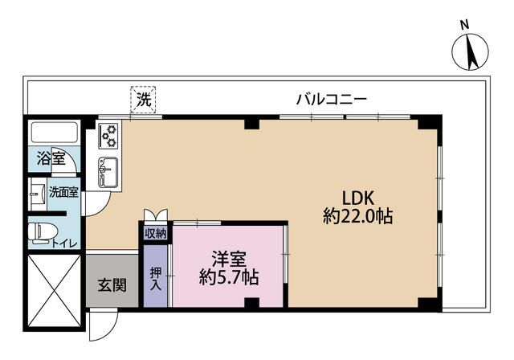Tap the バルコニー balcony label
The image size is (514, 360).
click(x=332, y=100)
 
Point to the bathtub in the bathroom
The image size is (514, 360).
click(x=54, y=133)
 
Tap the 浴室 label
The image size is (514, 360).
click(x=52, y=158)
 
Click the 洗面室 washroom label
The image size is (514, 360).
click(x=63, y=192)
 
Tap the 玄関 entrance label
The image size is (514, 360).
click(x=112, y=284)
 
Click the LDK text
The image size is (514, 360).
click(x=359, y=197)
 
